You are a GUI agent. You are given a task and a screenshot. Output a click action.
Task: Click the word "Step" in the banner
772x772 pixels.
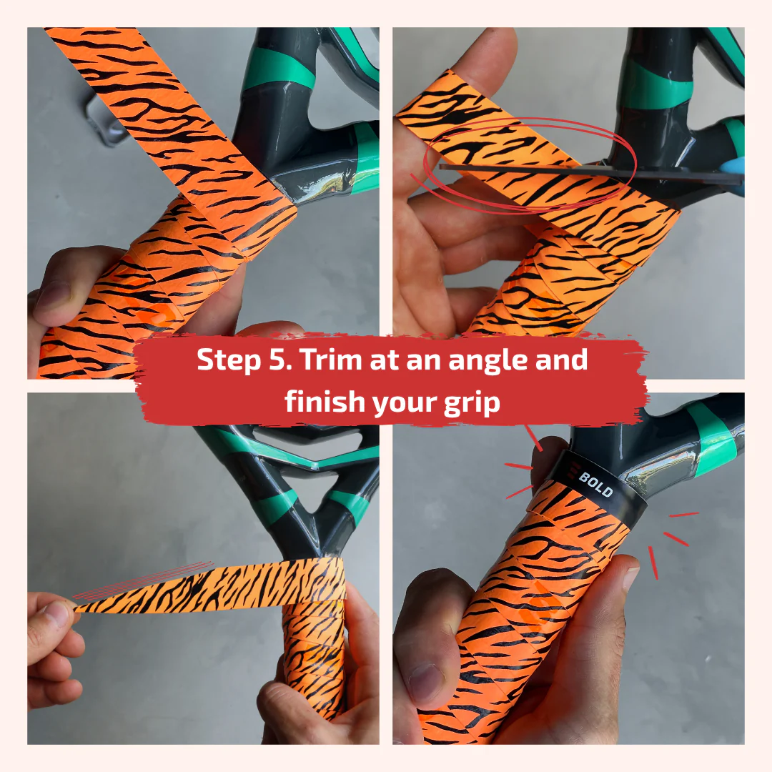click(x=224, y=361)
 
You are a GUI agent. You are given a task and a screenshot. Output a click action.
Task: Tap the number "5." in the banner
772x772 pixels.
click(x=275, y=361)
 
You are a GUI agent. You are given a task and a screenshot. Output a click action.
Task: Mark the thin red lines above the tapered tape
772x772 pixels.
click(x=143, y=579)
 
